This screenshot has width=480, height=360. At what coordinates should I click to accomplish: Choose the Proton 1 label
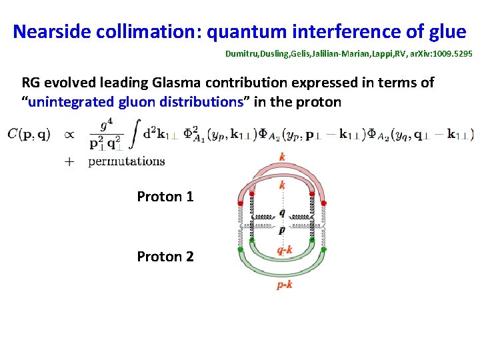(x=165, y=197)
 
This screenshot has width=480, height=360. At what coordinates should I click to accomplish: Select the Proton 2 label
(x=165, y=256)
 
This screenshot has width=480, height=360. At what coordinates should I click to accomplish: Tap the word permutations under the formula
(x=127, y=161)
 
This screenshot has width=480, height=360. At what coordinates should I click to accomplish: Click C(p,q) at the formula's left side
(x=29, y=135)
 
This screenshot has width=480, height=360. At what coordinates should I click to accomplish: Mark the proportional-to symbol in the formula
(x=69, y=134)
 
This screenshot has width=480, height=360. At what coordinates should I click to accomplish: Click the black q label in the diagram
(x=282, y=212)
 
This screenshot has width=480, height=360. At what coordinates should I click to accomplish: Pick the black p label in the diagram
(x=282, y=230)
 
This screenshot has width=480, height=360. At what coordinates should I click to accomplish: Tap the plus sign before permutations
(x=69, y=161)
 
